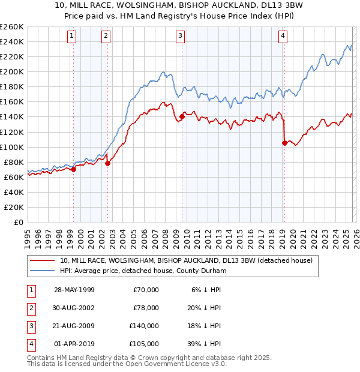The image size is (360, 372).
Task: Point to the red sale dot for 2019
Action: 284,143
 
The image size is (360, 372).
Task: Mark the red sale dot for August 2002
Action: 108,163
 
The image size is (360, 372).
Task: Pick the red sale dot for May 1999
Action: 74,169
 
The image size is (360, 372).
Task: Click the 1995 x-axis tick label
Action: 28,234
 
